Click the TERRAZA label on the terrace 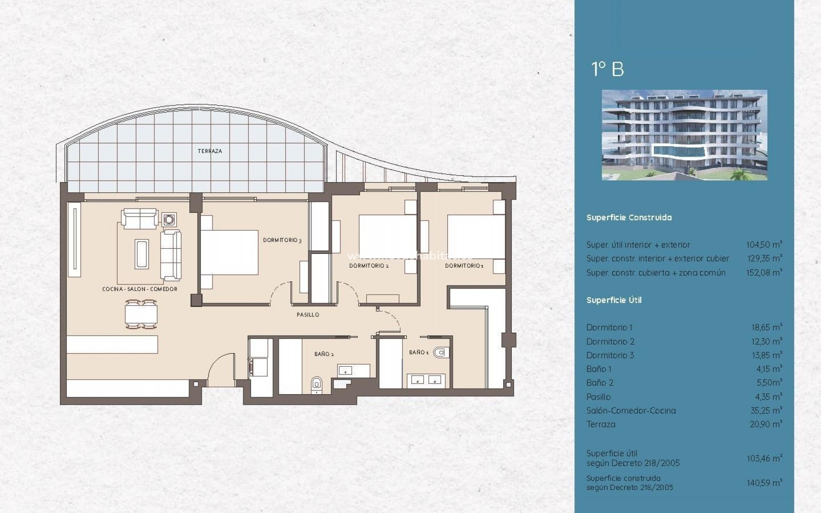pyautogui.click(x=210, y=151)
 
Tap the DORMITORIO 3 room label pyautogui.click(x=282, y=240)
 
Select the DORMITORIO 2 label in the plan pyautogui.click(x=369, y=266)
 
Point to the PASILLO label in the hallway pyautogui.click(x=308, y=315)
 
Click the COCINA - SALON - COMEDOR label pyautogui.click(x=139, y=289)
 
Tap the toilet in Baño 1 pyautogui.click(x=440, y=353)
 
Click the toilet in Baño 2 pyautogui.click(x=317, y=383)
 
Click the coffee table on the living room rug pyautogui.click(x=142, y=254)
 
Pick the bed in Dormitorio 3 pyautogui.click(x=229, y=252)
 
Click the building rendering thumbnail pyautogui.click(x=684, y=135)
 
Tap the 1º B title pyautogui.click(x=607, y=69)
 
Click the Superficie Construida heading pyautogui.click(x=629, y=218)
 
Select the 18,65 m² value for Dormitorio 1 pyautogui.click(x=766, y=327)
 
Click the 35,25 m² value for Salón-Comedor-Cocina pyautogui.click(x=766, y=411)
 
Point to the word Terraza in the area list pyautogui.click(x=601, y=425)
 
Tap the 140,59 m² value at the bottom pyautogui.click(x=764, y=483)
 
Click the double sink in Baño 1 pyautogui.click(x=426, y=380)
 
